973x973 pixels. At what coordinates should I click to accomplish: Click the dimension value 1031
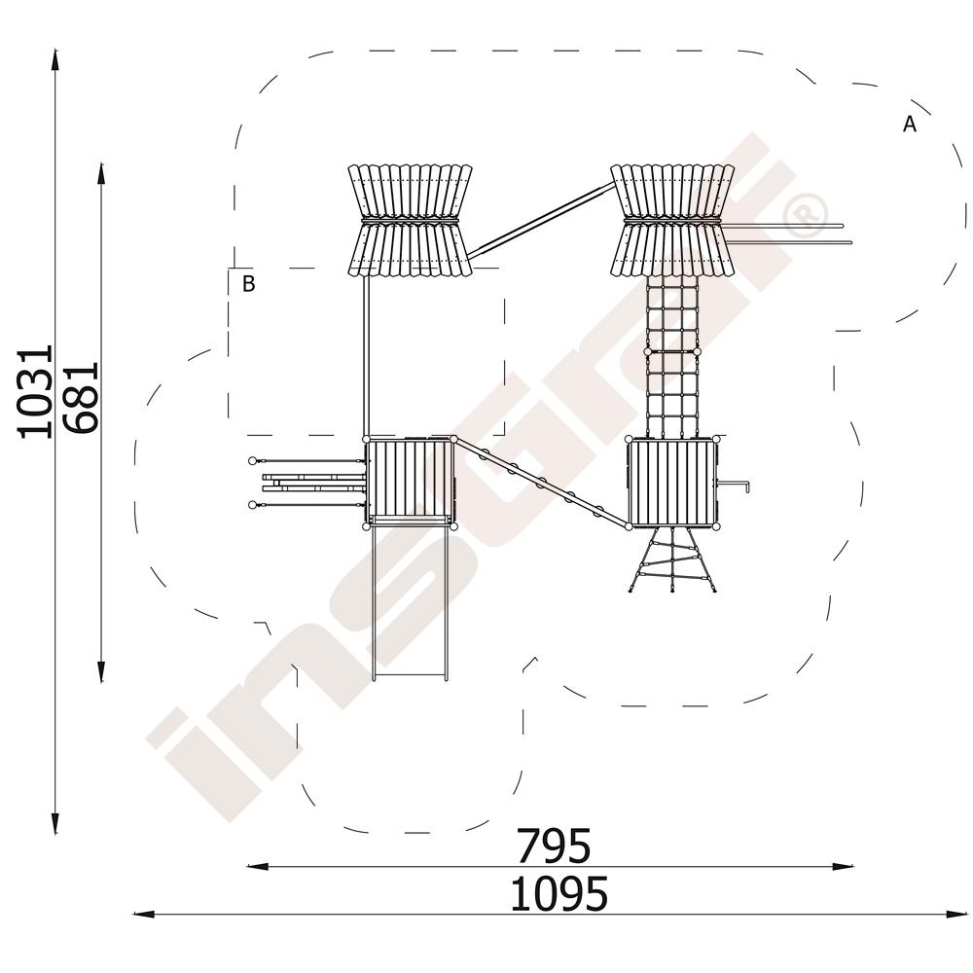pyautogui.click(x=35, y=392)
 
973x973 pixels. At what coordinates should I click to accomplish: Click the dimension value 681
pyautogui.click(x=81, y=397)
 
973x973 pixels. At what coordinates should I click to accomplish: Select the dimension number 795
pyautogui.click(x=555, y=846)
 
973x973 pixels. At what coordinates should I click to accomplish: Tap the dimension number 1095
pyautogui.click(x=559, y=893)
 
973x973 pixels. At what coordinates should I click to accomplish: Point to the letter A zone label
pyautogui.click(x=909, y=125)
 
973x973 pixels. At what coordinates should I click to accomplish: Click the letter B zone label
pyautogui.click(x=248, y=283)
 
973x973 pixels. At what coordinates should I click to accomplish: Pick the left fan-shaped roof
pyautogui.click(x=410, y=220)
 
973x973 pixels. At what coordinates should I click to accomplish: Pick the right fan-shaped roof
pyautogui.click(x=672, y=220)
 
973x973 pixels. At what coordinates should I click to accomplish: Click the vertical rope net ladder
pyautogui.click(x=672, y=355)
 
